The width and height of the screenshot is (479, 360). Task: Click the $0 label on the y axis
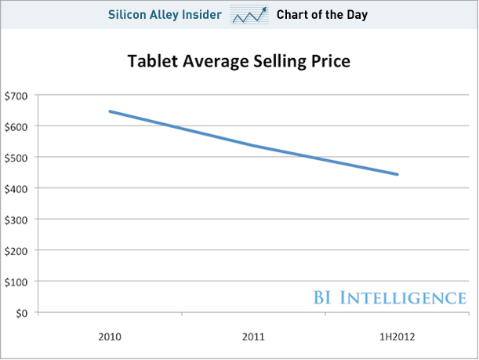coord(21,312)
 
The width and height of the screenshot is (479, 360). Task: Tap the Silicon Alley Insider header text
coord(165,14)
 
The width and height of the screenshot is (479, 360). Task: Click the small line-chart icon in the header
coord(249,15)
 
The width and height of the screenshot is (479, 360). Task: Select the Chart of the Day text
coord(322,14)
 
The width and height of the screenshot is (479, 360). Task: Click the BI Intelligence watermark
coord(389,297)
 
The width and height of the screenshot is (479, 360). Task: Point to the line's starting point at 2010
coord(110,111)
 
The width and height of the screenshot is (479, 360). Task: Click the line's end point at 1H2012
coord(398,175)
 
